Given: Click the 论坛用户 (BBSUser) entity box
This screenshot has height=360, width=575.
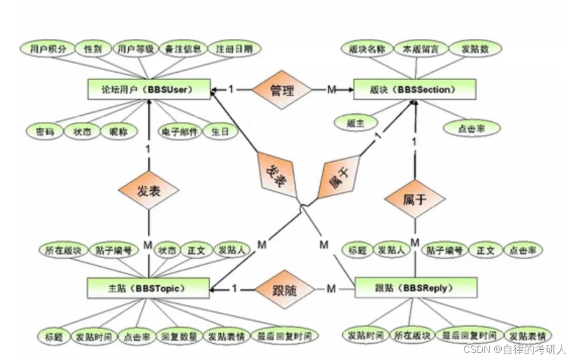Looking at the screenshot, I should coord(148,89).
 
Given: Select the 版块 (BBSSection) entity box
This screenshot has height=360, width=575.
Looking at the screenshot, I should coord(414,89).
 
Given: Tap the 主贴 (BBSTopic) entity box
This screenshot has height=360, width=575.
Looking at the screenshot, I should coord(148,288).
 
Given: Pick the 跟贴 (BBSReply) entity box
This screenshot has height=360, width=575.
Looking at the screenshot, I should coord(415,288).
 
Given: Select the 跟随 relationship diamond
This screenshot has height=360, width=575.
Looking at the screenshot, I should coord(284,290).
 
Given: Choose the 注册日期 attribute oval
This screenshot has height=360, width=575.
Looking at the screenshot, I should coord(234,49).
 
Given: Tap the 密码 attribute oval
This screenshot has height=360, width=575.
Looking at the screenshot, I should coord(45,131).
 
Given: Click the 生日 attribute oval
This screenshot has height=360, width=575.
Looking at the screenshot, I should coord(219,131).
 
